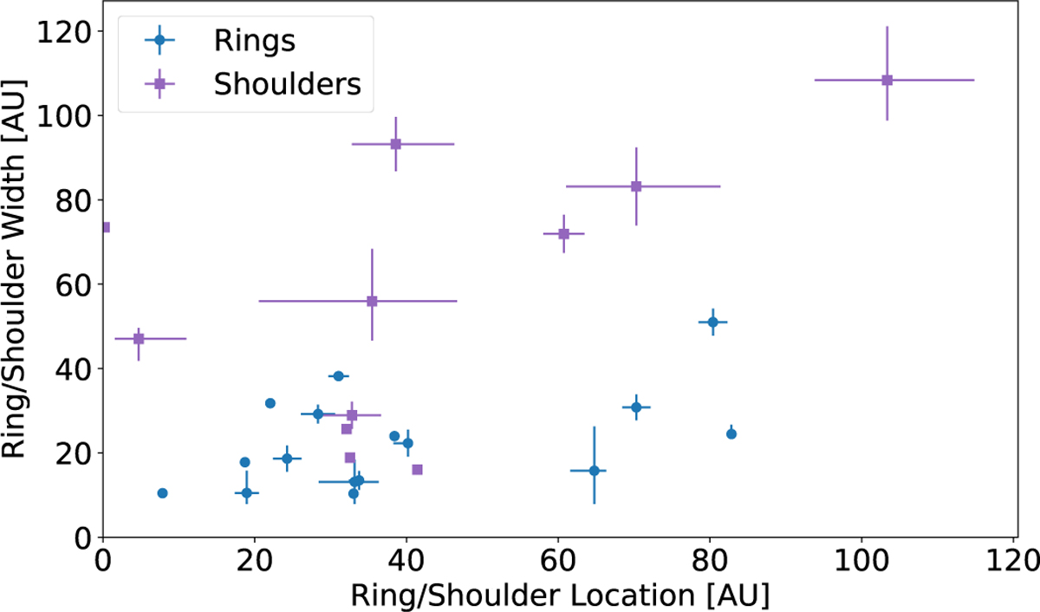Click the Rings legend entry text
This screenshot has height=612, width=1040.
[245, 40]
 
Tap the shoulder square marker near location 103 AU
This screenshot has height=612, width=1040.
[887, 80]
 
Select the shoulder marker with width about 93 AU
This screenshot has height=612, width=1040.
[395, 144]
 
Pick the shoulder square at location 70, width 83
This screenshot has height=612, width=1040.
[635, 186]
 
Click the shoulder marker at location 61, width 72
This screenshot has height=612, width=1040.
[563, 233]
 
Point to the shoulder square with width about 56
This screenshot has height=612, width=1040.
[372, 301]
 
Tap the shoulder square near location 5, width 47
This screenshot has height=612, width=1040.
[138, 338]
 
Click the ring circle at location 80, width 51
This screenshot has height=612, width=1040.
[712, 322]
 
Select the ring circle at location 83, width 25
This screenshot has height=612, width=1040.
[731, 433]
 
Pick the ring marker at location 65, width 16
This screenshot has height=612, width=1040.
[594, 471]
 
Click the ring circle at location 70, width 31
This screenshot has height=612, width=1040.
[636, 407]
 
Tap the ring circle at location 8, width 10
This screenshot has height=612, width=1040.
[162, 493]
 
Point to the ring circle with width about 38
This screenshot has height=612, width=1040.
[338, 375]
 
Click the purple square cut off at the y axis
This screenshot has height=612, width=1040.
[106, 227]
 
